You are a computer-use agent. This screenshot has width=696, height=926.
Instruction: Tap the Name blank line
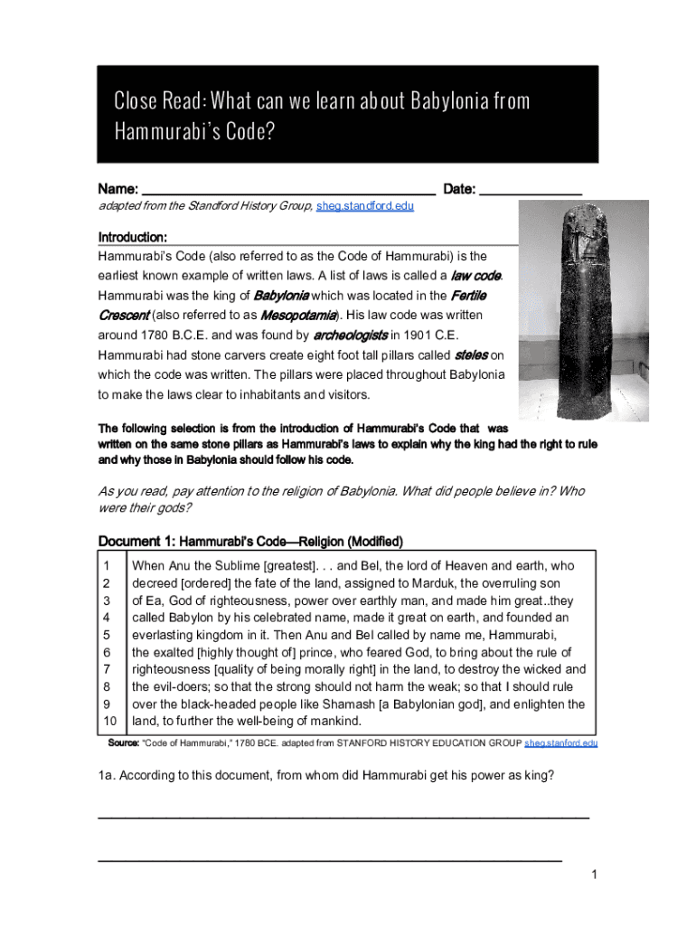pos(289,192)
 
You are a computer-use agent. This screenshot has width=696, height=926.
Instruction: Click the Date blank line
pos(530,192)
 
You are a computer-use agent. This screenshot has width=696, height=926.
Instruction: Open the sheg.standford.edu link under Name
pos(364,207)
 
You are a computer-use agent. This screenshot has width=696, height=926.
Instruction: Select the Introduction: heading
pos(132,237)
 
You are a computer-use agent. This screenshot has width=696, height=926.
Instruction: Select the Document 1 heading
pos(250,542)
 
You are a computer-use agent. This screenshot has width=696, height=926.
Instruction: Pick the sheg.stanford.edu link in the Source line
pos(560,743)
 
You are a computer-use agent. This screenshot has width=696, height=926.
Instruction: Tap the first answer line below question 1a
pos(343,816)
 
